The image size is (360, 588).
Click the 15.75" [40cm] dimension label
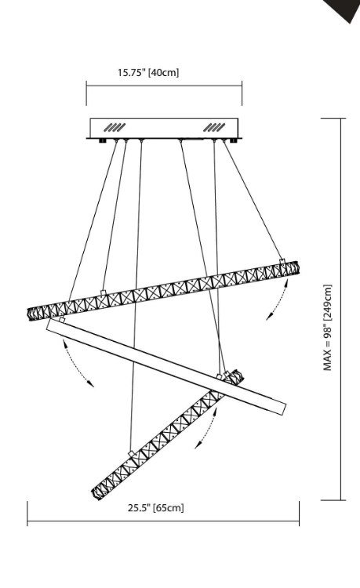click(x=148, y=72)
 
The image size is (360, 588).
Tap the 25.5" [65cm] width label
click(x=156, y=508)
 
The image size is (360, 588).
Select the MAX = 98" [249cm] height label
click(x=328, y=328)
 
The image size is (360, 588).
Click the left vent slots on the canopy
click(x=115, y=127)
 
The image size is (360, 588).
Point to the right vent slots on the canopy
click(x=214, y=127)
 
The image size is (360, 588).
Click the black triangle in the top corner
click(x=343, y=9)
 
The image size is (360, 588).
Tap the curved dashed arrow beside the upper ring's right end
click(x=278, y=300)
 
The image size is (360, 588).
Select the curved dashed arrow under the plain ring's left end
click(x=77, y=364)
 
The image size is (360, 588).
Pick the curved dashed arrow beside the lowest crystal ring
click(x=207, y=428)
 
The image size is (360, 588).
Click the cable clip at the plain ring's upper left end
click(x=61, y=320)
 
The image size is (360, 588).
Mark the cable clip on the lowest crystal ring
click(x=131, y=454)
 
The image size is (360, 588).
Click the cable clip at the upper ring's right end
click(x=282, y=260)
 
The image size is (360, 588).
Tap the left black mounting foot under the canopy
click(x=102, y=141)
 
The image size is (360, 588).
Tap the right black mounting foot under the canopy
click(x=233, y=141)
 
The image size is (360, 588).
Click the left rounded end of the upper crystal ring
click(x=31, y=314)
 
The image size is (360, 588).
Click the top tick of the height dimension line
click(x=333, y=118)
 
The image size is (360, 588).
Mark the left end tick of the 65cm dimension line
click(x=27, y=513)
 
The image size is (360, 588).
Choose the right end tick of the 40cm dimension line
click(x=242, y=93)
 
